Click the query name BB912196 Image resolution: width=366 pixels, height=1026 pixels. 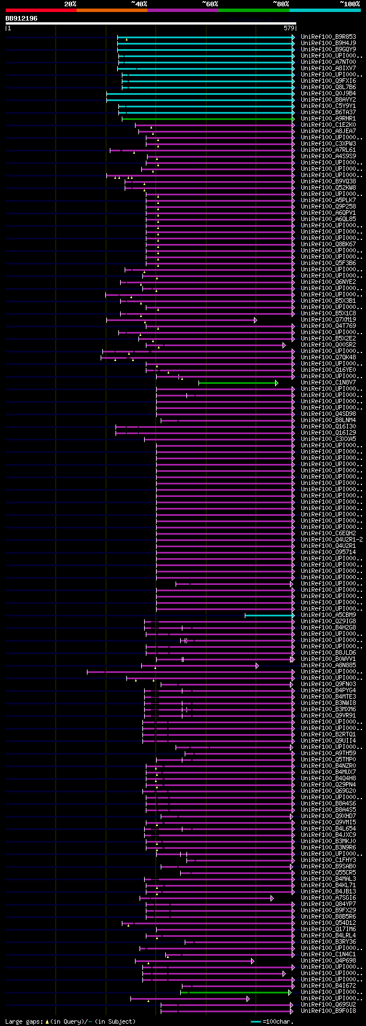click(x=22, y=18)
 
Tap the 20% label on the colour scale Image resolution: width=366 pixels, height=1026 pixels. click(x=70, y=4)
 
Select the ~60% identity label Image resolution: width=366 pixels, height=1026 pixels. click(x=209, y=4)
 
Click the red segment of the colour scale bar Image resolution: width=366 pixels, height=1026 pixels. click(x=41, y=10)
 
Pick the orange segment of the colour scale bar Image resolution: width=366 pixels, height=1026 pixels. click(x=112, y=10)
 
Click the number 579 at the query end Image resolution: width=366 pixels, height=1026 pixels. click(x=289, y=28)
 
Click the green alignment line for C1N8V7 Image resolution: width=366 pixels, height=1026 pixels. click(x=237, y=383)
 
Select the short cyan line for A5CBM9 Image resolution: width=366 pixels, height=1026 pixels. click(x=269, y=615)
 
